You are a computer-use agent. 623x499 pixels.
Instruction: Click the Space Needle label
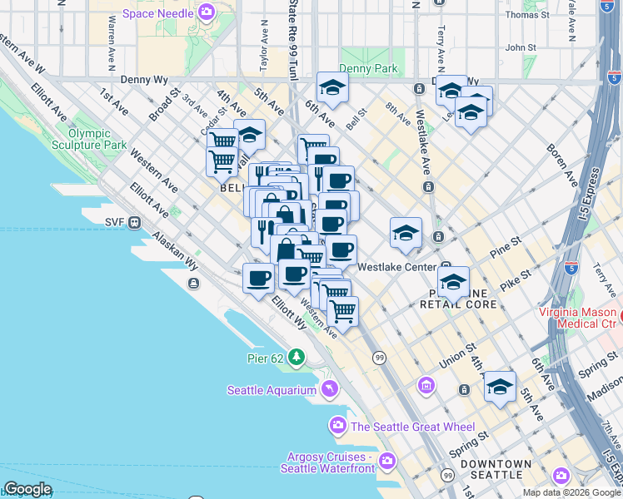[x=158, y=13]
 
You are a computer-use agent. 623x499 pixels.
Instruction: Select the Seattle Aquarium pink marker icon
[x=331, y=389]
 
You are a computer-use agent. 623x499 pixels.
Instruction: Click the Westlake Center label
[x=396, y=268]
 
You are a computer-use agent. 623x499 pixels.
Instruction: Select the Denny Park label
[x=368, y=69]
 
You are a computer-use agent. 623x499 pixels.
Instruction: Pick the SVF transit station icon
[x=133, y=222]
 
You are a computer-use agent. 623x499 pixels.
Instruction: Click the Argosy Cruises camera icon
[x=386, y=460]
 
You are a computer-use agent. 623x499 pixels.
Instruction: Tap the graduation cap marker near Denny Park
[x=332, y=87]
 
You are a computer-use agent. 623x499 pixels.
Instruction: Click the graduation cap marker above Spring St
[x=500, y=386]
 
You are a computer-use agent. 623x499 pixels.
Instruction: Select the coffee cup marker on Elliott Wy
[x=259, y=278]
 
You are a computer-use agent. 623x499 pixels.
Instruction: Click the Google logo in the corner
[x=27, y=489]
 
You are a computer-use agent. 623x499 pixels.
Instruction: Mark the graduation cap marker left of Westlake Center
[x=406, y=233]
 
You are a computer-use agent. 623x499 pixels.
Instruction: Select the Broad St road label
[x=162, y=104]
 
